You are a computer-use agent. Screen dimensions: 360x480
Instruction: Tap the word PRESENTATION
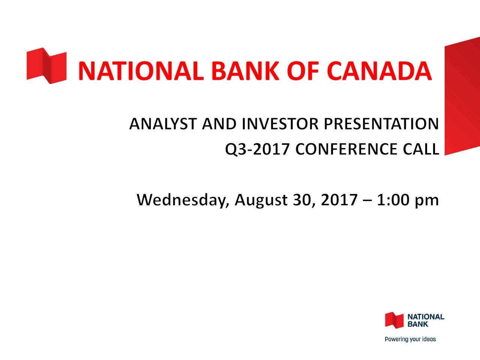(381, 124)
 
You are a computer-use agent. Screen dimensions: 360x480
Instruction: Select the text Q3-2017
(257, 150)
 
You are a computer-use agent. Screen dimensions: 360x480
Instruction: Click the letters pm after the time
(427, 201)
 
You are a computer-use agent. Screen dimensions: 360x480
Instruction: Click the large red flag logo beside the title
(46, 66)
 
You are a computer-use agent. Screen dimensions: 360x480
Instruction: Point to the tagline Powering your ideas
(411, 339)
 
